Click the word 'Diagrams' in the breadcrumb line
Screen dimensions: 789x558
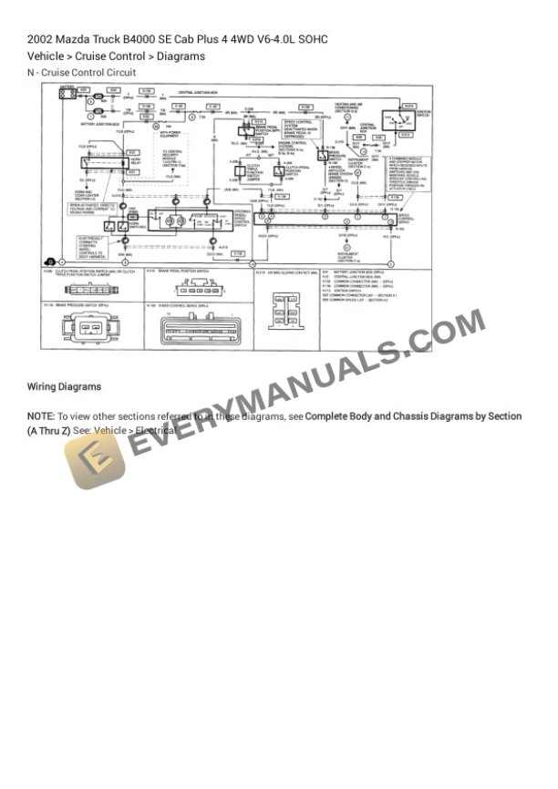(181, 56)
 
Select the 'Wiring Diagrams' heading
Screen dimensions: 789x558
(64, 386)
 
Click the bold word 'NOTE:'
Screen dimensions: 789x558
(42, 415)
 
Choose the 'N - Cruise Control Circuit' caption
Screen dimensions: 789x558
(81, 73)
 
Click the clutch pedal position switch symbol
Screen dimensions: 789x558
(276, 170)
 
